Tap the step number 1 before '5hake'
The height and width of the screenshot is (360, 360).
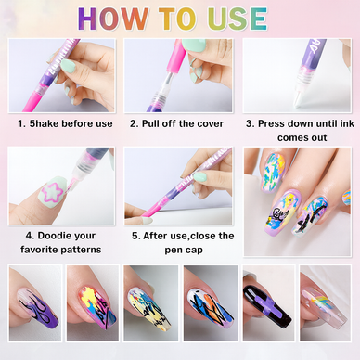pos(20,123)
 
